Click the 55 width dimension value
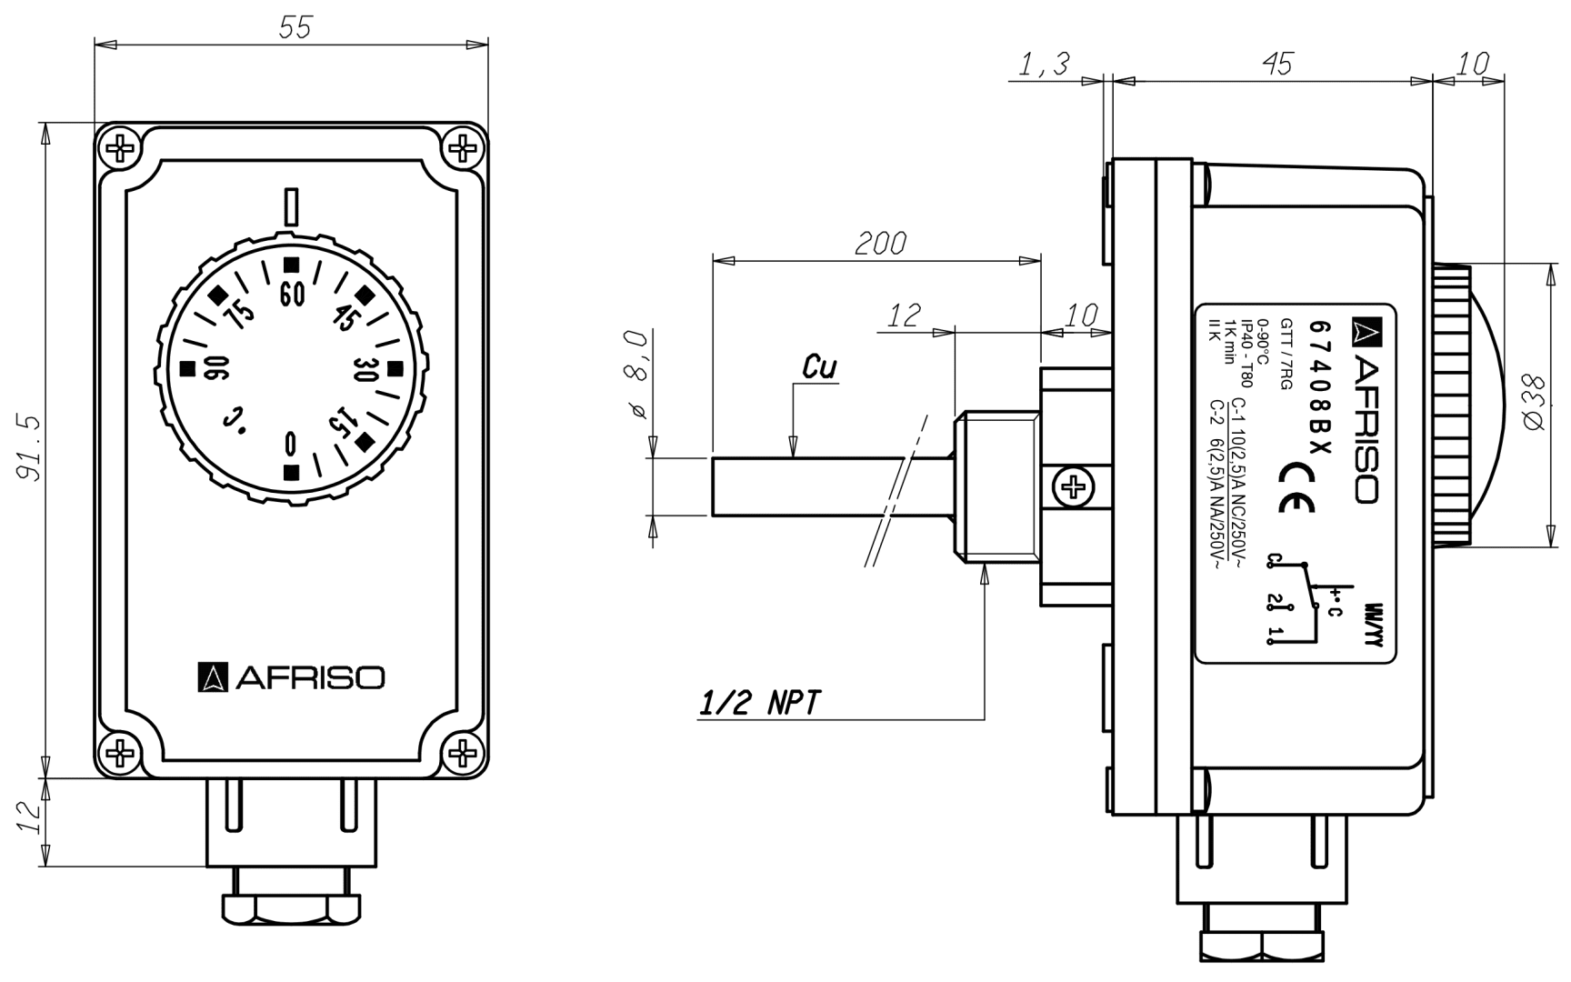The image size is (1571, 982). [x=295, y=27]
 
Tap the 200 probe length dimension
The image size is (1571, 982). [x=880, y=243]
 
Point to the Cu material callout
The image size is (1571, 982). [x=819, y=366]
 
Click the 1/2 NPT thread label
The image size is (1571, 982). [x=760, y=702]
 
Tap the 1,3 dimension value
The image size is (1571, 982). [x=1043, y=64]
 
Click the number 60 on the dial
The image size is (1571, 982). [x=291, y=296]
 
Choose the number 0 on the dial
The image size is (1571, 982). [x=290, y=443]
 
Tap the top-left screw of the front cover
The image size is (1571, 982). [x=119, y=146]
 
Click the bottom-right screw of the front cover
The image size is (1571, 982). [x=463, y=753]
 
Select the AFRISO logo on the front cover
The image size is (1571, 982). [x=291, y=677]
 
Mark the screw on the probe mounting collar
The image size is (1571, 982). [x=1075, y=488]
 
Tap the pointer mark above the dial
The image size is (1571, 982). [x=291, y=207]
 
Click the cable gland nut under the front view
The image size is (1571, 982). [x=291, y=907]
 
